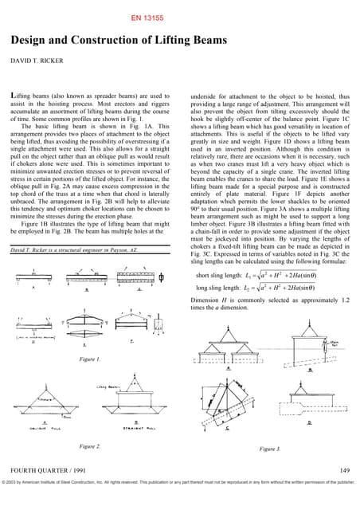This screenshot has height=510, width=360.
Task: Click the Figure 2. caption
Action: tap(89, 445)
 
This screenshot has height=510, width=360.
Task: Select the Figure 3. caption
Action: tap(271, 449)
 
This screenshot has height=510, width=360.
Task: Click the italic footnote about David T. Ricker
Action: tap(72, 249)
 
